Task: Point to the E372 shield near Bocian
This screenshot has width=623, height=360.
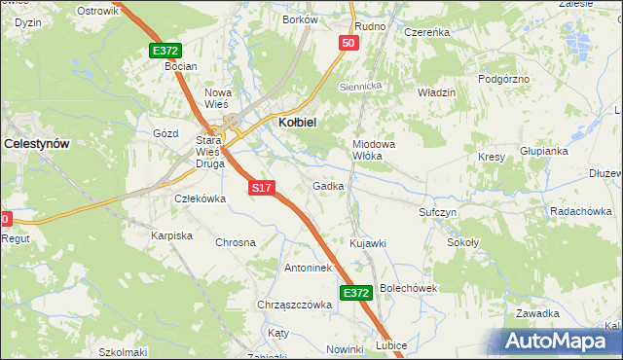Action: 165,50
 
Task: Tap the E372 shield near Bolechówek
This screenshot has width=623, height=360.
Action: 356,292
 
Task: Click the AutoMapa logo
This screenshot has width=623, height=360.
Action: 561,342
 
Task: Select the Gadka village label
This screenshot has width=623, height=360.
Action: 328,185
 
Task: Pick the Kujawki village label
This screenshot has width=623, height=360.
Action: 368,242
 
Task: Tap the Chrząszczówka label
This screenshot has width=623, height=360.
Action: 295,305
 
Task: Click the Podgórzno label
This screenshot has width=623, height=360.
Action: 506,77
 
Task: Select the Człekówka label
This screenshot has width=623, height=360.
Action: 199,198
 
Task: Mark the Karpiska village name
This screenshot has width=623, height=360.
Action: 171,235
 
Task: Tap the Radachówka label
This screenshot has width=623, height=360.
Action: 580,211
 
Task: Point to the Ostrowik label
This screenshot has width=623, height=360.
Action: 96,10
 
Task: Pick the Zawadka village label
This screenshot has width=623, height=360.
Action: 537,313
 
